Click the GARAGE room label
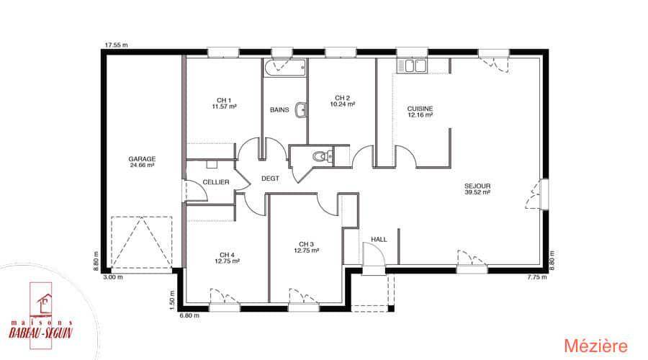[x=142, y=158]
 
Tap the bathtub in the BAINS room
[x=285, y=68]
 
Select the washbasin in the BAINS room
[x=302, y=109]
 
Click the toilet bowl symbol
[x=320, y=156]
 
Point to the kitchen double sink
[x=411, y=66]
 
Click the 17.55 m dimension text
[x=116, y=45]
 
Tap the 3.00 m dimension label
[x=113, y=277]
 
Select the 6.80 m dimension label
[x=189, y=315]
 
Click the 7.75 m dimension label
[x=537, y=277]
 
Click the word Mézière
[x=595, y=346]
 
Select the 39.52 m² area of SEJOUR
[x=477, y=192]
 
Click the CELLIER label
[x=216, y=182]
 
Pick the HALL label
[x=379, y=239]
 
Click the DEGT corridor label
[x=270, y=178]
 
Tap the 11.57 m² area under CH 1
[x=224, y=107]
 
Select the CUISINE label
[x=420, y=109]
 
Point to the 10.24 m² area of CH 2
[x=342, y=104]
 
